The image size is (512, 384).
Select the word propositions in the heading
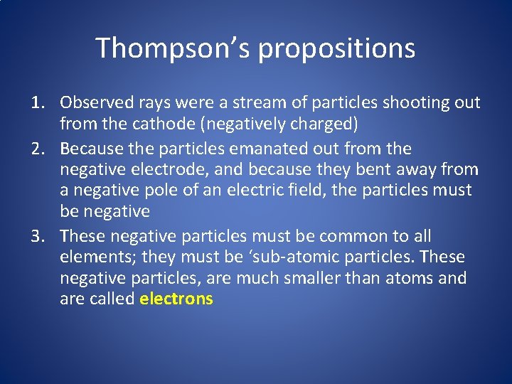[336, 48]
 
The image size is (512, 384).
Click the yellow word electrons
[176, 299]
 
